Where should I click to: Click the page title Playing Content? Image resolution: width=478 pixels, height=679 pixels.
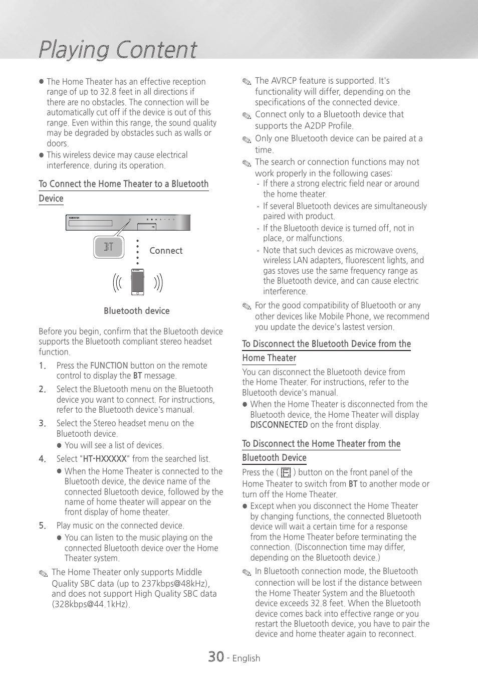[118, 50]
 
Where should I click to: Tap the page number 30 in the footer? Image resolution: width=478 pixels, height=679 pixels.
[216, 656]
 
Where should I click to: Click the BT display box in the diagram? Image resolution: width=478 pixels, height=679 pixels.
[108, 247]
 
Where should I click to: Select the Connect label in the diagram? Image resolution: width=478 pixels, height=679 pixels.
[166, 251]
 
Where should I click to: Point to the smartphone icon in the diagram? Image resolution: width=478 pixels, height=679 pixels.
[137, 282]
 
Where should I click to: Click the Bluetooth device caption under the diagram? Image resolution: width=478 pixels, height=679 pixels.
[136, 311]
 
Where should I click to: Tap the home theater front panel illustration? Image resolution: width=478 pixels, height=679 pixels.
[128, 222]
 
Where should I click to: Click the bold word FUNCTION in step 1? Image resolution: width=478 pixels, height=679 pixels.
[109, 366]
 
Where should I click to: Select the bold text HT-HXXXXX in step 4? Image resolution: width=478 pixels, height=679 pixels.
[105, 459]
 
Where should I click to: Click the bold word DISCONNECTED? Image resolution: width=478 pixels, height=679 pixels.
[279, 425]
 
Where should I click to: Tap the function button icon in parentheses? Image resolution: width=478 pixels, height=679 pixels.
[286, 472]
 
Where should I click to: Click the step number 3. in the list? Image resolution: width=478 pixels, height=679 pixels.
[43, 423]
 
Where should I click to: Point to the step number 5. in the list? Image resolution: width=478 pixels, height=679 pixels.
[43, 526]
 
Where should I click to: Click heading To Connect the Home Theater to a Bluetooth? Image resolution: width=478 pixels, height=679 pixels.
[123, 184]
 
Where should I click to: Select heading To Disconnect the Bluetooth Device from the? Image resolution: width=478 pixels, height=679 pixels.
[326, 344]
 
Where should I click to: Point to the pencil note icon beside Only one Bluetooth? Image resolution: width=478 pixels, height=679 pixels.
[247, 139]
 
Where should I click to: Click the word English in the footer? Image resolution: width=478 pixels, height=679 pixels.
[246, 658]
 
